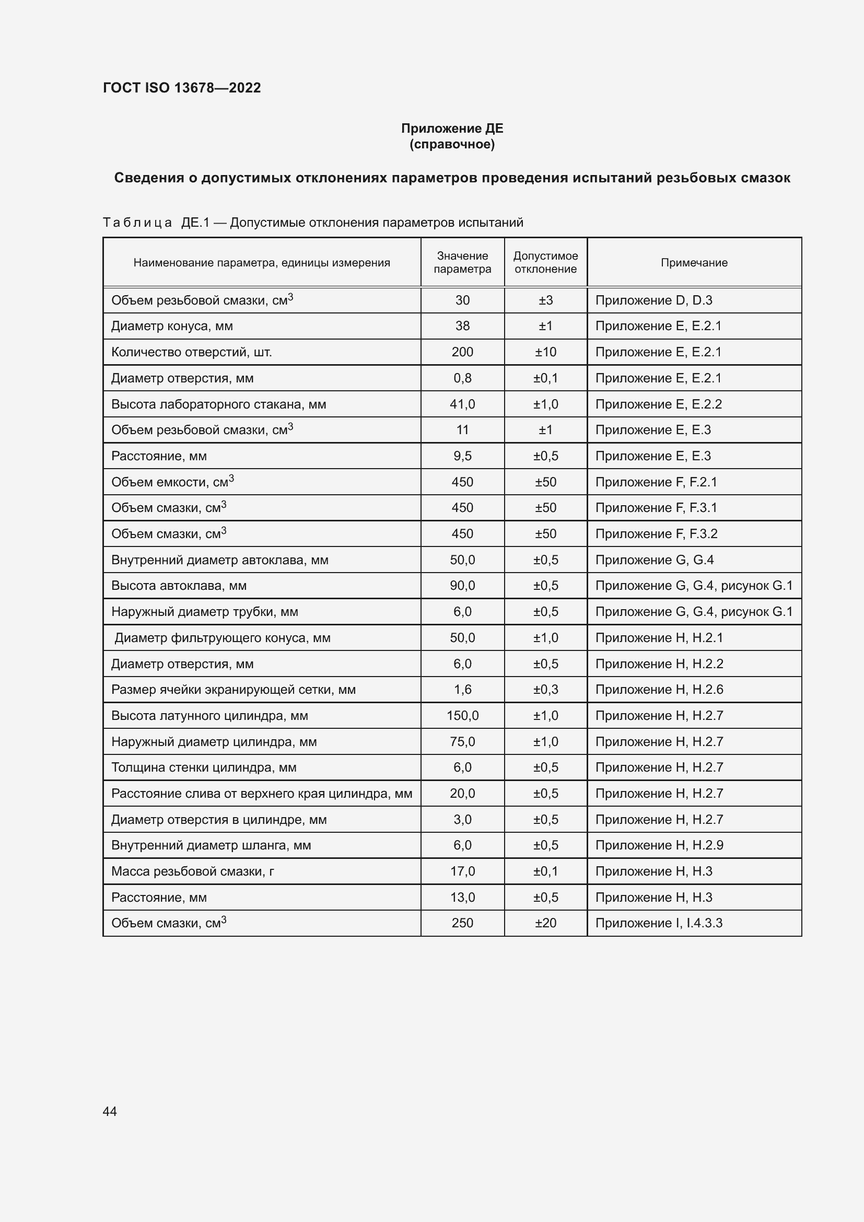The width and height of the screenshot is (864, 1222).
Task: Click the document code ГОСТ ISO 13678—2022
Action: [181, 88]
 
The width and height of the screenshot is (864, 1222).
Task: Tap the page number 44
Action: [110, 1111]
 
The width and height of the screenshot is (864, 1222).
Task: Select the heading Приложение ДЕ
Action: [452, 129]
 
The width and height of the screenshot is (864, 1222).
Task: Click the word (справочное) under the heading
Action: [452, 144]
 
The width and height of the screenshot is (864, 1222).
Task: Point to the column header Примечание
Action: [694, 262]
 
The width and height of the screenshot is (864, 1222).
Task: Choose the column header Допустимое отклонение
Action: [545, 262]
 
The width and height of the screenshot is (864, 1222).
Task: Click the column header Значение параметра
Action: [462, 262]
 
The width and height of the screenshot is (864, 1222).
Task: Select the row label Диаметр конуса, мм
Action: [172, 325]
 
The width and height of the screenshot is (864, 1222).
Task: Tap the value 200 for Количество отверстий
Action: [462, 352]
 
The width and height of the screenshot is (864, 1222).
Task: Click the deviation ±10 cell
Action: [545, 352]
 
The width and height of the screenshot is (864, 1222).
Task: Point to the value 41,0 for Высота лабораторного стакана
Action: [462, 404]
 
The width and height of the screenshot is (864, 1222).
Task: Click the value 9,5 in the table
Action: [462, 456]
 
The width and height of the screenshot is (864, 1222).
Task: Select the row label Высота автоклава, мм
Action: [179, 586]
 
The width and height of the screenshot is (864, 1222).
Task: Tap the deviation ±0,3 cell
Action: [545, 689]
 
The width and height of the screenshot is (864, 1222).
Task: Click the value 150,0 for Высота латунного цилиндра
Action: [462, 715]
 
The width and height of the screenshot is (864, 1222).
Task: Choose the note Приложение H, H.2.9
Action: [659, 845]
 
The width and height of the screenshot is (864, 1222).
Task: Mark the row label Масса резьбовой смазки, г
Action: [193, 871]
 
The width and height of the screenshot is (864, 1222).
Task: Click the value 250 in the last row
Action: [462, 923]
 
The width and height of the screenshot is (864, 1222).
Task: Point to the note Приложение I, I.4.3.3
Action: [659, 923]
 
